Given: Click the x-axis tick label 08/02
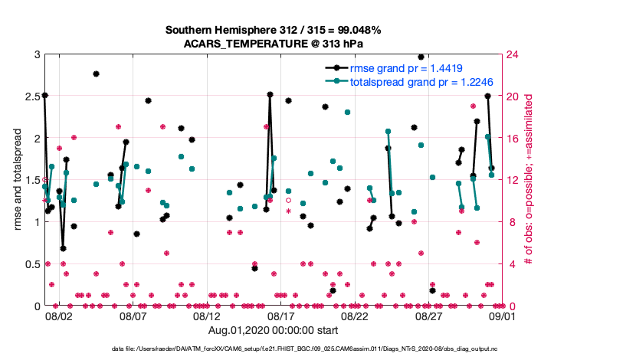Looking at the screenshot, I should [x=59, y=316].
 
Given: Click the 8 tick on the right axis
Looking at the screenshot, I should [x=508, y=222].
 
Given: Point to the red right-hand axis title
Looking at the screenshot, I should [x=529, y=180].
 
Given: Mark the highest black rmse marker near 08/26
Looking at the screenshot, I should [x=421, y=57].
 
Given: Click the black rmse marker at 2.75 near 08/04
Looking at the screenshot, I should [x=96, y=74].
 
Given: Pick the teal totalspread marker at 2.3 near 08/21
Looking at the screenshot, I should [x=347, y=112].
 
